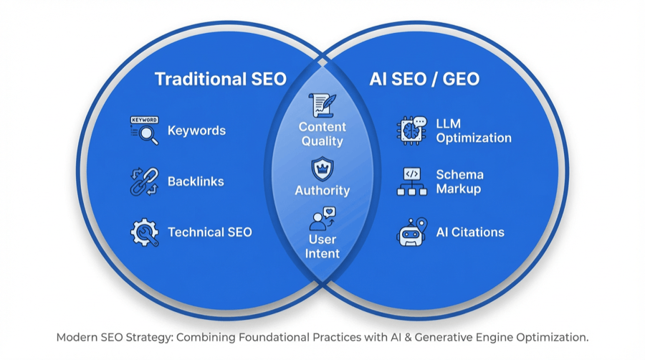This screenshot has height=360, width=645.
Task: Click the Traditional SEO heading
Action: pos(221,79)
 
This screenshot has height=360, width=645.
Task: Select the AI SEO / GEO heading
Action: pos(424,79)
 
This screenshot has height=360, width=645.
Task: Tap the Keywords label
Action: pos(196,131)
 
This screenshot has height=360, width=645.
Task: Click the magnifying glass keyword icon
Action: pos(144,131)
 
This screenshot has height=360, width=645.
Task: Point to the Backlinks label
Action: pos(196,181)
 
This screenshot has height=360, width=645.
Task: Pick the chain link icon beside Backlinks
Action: pos(144,181)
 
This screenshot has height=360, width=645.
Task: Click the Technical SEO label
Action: pos(209,232)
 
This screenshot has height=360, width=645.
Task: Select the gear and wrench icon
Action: pos(144,232)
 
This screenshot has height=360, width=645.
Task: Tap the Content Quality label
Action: pos(322,134)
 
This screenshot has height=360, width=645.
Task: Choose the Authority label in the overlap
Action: pos(322,191)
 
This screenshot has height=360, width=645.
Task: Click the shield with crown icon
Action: pos(322,170)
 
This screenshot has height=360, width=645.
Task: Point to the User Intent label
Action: pos(322,246)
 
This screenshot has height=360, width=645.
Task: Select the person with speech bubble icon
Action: pos(322,219)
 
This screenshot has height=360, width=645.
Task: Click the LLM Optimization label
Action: pos(474,131)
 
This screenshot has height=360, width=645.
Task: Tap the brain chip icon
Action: pos(411,131)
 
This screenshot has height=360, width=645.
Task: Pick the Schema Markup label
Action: pos(460,181)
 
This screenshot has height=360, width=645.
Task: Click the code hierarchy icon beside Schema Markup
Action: pos(411,181)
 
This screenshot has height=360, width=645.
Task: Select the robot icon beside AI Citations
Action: pos(411,232)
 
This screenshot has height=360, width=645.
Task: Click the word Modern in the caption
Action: pos(78,337)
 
